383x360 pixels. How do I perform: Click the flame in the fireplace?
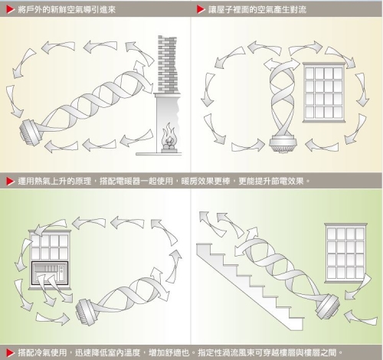[x=169, y=136]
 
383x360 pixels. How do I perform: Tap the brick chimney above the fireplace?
[x=168, y=64]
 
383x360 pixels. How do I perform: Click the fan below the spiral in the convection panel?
[x=283, y=143]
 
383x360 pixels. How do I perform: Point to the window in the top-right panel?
[x=324, y=92]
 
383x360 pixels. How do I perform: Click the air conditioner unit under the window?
[x=50, y=273]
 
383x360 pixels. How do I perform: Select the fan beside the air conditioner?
[x=86, y=312]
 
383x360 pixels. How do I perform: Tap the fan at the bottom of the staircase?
[x=328, y=306]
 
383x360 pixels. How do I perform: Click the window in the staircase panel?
[x=345, y=253]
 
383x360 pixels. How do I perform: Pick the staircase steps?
[x=250, y=286]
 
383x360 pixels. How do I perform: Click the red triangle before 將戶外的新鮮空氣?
[x=11, y=10]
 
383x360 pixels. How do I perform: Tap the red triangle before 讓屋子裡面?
[x=201, y=10]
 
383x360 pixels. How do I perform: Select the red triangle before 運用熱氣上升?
[x=11, y=182]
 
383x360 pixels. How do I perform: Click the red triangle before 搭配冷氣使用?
[x=11, y=353]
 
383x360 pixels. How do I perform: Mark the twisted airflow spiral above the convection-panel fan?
[x=282, y=100]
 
